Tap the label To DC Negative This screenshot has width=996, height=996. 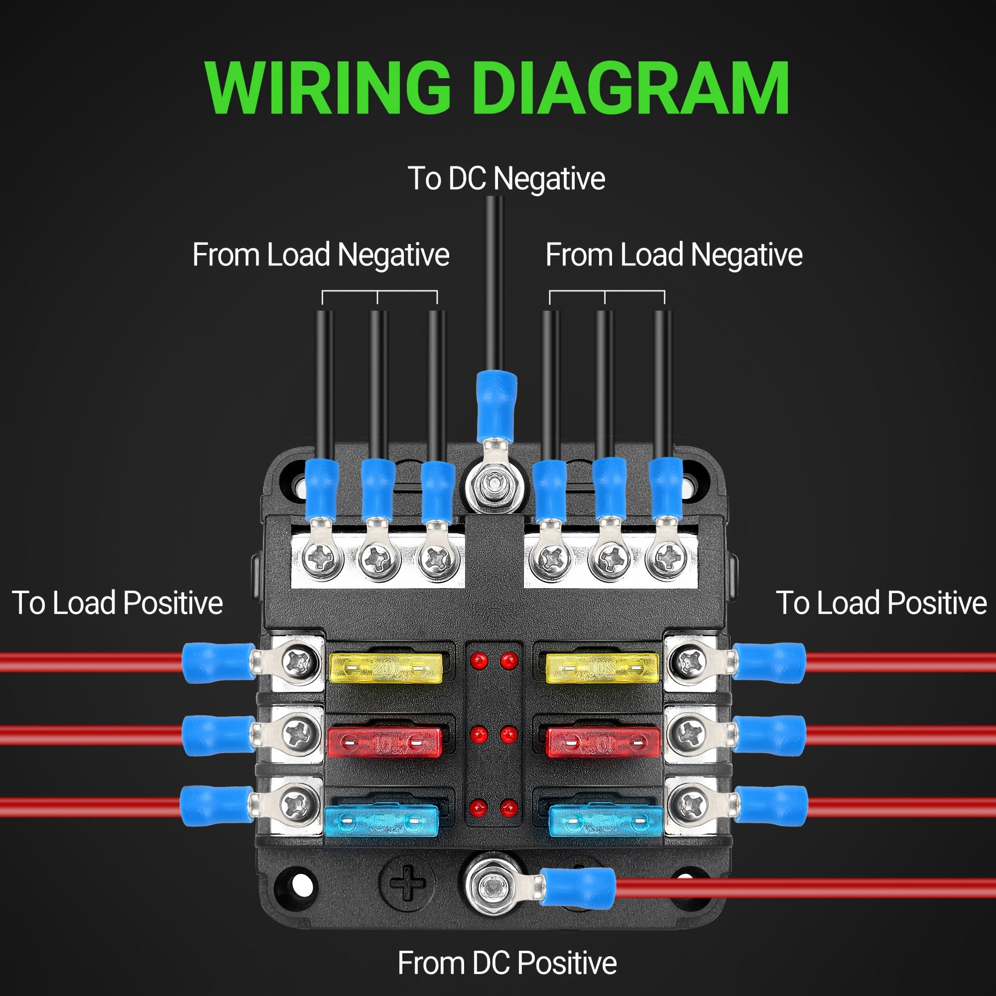[506, 178]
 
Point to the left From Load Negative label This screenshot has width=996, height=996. [321, 254]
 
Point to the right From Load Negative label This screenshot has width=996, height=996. [674, 254]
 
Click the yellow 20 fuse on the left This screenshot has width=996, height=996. [385, 669]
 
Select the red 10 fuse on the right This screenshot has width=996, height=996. [603, 743]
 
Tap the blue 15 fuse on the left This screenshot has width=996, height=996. [381, 821]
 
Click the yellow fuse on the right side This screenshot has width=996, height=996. [603, 669]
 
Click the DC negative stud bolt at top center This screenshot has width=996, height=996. [495, 484]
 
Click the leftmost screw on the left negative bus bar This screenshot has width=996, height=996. [323, 558]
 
